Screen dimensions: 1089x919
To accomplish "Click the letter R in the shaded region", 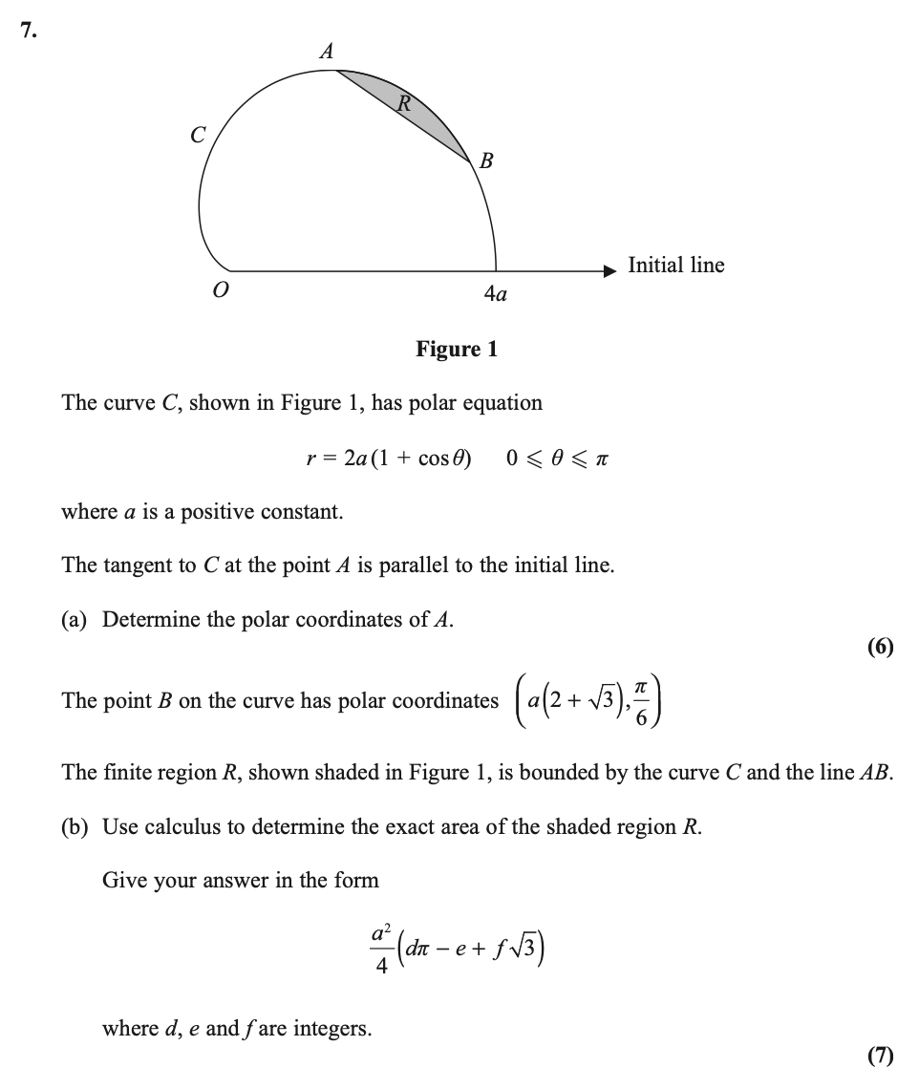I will tap(403, 103).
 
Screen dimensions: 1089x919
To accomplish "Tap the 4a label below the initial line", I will tap(494, 294).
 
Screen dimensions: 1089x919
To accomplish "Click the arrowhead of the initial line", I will tap(611, 270).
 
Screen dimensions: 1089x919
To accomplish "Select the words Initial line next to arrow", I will tap(676, 265).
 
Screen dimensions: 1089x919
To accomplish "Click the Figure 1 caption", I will tap(457, 349).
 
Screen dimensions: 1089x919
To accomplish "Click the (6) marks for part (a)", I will tap(880, 648).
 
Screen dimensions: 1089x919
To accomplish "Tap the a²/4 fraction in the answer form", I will tap(379, 949).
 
